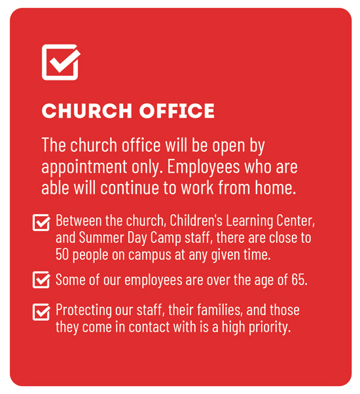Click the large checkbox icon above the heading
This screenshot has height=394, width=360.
point(60,62)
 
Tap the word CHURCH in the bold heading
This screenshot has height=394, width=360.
point(87,111)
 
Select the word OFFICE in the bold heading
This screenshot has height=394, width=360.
point(177,111)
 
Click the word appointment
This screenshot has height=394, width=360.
point(84,168)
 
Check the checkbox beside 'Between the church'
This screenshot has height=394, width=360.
point(41,223)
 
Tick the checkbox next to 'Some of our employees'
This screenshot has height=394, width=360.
point(41,279)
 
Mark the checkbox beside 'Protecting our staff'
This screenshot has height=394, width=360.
point(41,312)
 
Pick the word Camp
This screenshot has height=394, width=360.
point(166,238)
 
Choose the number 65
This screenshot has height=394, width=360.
point(299,279)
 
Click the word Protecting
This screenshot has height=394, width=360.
point(84,310)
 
